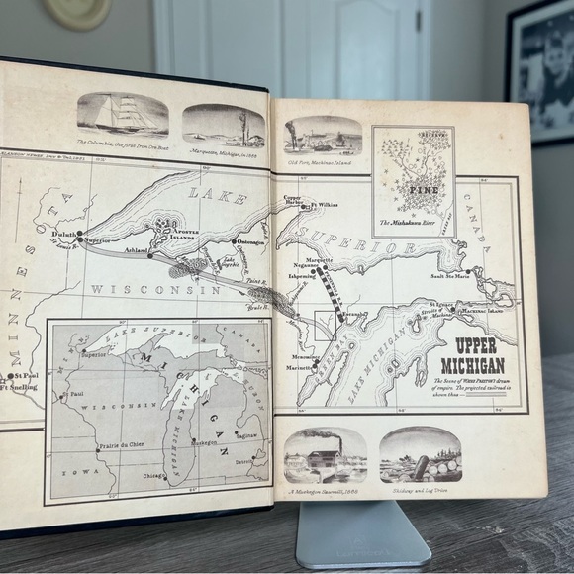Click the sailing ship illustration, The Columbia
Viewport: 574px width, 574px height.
coord(123,114)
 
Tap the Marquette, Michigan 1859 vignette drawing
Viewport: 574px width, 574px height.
coord(224,125)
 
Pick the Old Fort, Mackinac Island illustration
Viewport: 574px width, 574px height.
coord(323,135)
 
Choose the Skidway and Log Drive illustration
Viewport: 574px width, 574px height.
coord(420,454)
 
